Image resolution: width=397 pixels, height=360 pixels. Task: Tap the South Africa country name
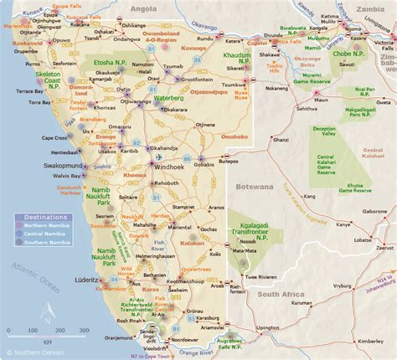tap(286, 271)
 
